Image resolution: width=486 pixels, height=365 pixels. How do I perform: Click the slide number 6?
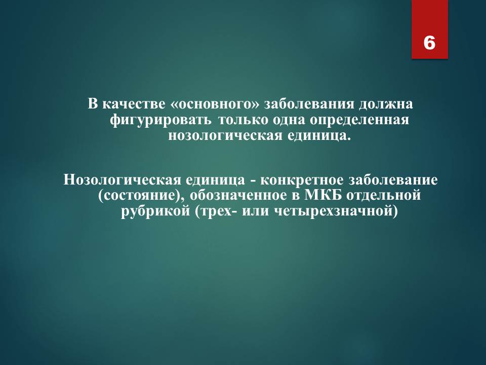(x=429, y=43)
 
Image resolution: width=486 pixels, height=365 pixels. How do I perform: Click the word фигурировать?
(x=161, y=120)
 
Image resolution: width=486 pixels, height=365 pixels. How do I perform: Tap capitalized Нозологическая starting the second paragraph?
(x=122, y=180)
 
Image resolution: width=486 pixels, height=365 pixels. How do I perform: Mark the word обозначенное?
(x=238, y=195)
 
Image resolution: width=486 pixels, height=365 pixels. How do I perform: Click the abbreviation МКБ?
(x=323, y=195)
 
